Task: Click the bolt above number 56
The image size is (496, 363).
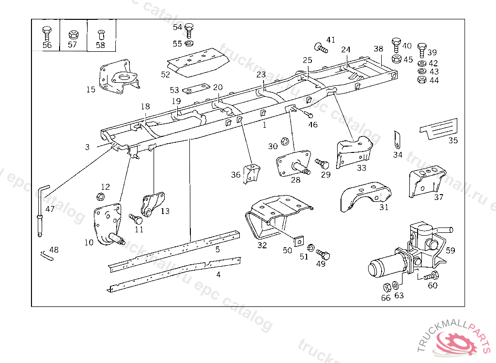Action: click(x=46, y=33)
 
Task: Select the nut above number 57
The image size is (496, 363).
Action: click(x=73, y=34)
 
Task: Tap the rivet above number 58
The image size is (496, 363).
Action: click(x=101, y=34)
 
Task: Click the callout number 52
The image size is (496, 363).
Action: click(x=166, y=75)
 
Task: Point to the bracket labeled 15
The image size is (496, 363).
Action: click(x=119, y=76)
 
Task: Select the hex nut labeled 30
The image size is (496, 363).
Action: click(x=285, y=141)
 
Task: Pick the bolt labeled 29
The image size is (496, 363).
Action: click(x=322, y=164)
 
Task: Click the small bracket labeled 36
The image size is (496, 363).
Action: click(x=251, y=173)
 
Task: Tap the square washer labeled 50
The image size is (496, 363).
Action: click(x=298, y=241)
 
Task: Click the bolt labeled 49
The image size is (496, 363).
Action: click(x=323, y=254)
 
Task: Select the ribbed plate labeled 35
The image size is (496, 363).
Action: click(x=439, y=128)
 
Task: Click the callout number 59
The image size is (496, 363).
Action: click(x=450, y=250)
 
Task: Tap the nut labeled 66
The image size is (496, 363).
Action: click(x=387, y=287)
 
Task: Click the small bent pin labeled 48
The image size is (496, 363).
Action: click(x=47, y=255)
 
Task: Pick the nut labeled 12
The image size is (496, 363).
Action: click(x=100, y=197)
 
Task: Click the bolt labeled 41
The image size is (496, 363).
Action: click(x=321, y=48)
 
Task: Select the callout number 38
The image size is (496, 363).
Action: click(x=378, y=49)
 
